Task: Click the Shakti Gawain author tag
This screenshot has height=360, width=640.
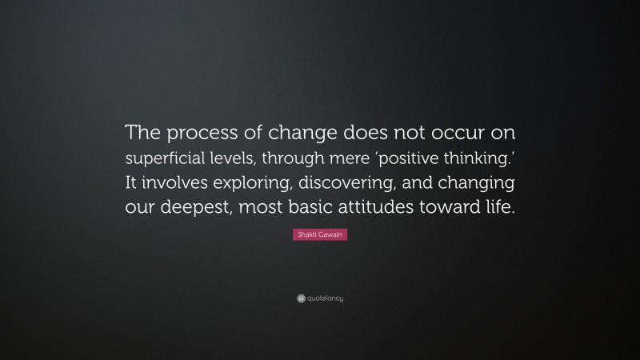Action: click(320, 235)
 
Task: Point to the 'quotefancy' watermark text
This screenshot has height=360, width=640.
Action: click(326, 298)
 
